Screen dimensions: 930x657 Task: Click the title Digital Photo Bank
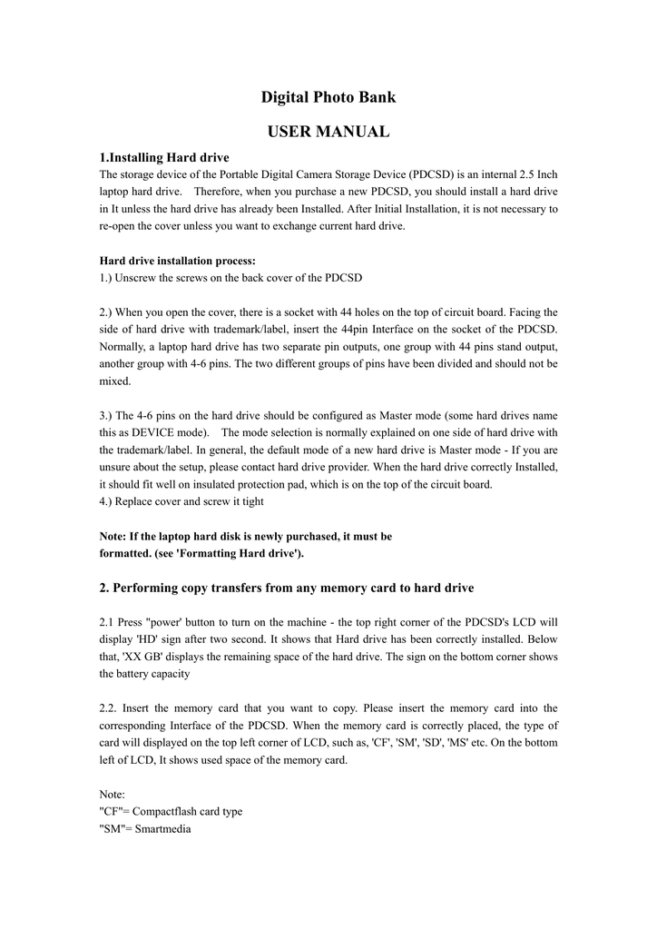328,97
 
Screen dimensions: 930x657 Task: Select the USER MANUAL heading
328,132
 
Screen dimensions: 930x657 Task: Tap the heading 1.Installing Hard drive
164,157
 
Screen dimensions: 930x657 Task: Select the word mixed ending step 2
115,381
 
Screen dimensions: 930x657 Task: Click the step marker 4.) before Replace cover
108,501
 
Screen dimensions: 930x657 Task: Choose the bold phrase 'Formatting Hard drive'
246,553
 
